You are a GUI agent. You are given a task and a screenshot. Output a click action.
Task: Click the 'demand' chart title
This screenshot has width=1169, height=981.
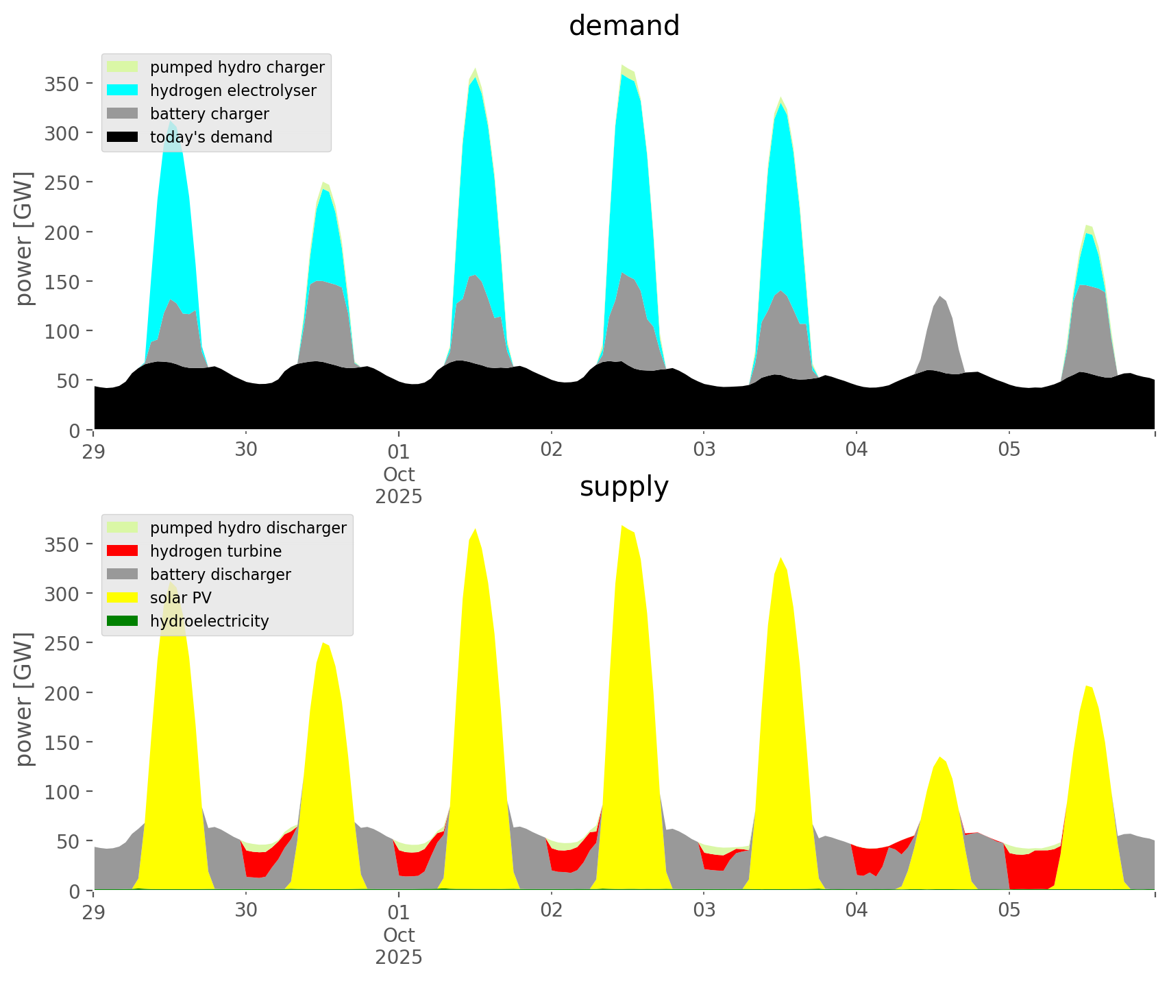pyautogui.click(x=624, y=26)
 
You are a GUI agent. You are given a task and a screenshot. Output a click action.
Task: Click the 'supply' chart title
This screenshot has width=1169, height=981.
pyautogui.click(x=624, y=487)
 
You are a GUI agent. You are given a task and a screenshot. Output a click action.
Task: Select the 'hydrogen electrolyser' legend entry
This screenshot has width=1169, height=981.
pyautogui.click(x=233, y=90)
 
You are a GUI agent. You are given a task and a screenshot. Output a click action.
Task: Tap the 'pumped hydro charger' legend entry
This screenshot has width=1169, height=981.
pyautogui.click(x=237, y=67)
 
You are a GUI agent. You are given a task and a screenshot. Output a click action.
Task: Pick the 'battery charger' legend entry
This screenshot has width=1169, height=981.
pyautogui.click(x=209, y=114)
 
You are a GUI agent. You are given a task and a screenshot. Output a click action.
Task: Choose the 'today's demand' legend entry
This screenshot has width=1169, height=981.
pyautogui.click(x=211, y=137)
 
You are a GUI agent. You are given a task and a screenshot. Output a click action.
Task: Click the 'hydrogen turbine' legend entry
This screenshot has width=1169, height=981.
pyautogui.click(x=216, y=551)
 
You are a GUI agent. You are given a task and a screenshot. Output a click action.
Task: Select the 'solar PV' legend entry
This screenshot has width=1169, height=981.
pyautogui.click(x=181, y=598)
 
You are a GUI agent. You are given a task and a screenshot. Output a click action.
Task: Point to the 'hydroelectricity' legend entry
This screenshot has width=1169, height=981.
pyautogui.click(x=209, y=621)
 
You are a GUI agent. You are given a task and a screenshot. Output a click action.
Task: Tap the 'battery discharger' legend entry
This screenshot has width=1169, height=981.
pyautogui.click(x=220, y=574)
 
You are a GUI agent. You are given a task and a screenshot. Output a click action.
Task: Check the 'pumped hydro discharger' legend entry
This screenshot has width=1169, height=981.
pyautogui.click(x=248, y=528)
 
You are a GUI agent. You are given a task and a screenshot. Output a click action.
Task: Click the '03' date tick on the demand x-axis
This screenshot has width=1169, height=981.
pyautogui.click(x=704, y=450)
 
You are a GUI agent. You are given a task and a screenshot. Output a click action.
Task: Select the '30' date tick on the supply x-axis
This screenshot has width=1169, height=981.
pyautogui.click(x=246, y=911)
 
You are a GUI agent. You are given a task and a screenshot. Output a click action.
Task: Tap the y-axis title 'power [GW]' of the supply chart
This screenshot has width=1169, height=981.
pyautogui.click(x=24, y=699)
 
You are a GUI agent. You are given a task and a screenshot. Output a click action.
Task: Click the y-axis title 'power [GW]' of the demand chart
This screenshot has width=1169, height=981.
pyautogui.click(x=24, y=239)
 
